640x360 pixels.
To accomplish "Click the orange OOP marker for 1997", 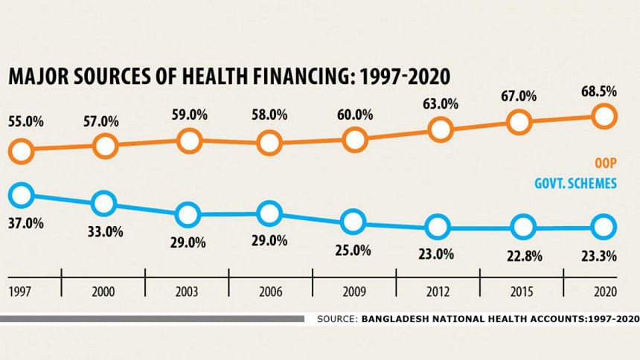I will tap(21, 152).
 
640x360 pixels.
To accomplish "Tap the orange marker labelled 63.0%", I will tap(441, 129).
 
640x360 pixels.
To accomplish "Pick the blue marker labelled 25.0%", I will tap(353, 222).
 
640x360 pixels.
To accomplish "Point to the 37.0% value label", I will tap(24, 222).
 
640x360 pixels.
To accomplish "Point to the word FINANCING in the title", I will tap(323, 79).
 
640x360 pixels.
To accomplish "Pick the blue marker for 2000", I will tap(104, 202).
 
